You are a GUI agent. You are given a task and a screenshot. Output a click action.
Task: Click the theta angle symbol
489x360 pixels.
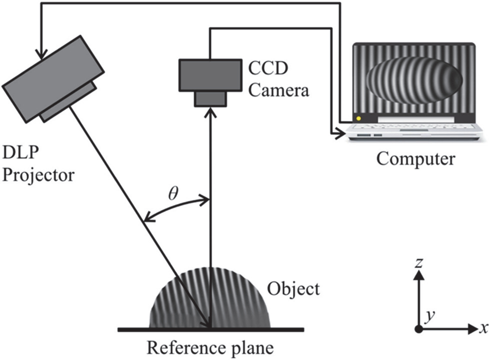(172, 192)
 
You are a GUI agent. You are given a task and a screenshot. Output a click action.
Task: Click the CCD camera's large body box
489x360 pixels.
(209, 75)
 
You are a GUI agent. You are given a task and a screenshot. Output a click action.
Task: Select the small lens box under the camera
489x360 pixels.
(209, 98)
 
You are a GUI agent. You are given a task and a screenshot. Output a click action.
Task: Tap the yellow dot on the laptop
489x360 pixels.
(358, 118)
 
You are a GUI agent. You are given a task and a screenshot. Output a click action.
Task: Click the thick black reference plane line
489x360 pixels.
(210, 329)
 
